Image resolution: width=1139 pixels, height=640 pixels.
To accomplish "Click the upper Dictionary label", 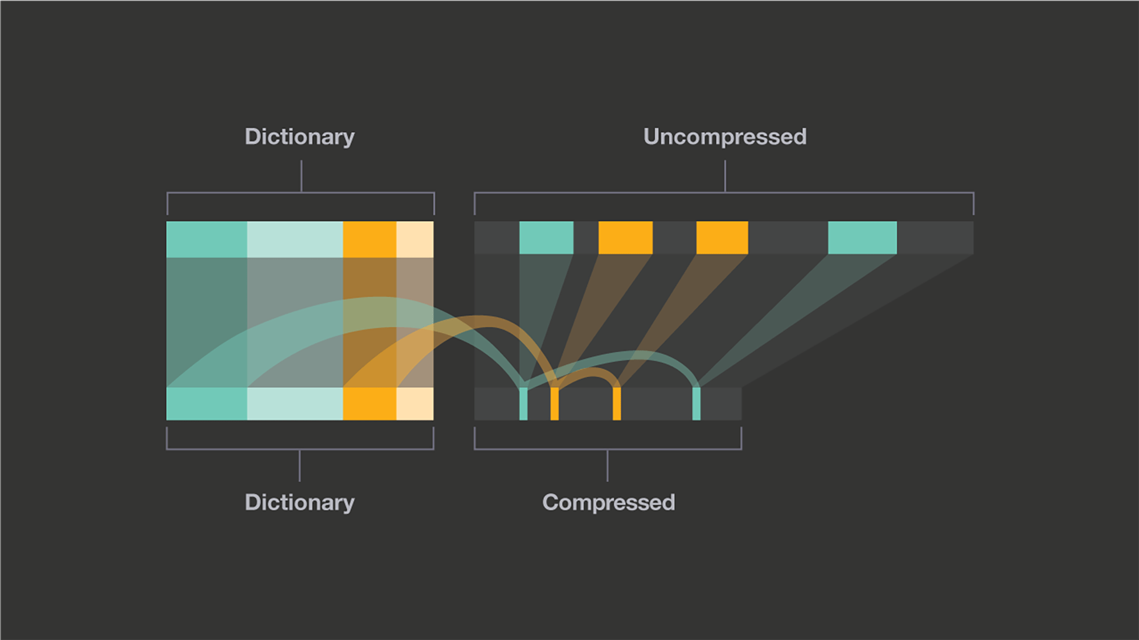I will click(300, 137).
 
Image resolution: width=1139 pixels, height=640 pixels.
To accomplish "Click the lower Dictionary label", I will click(300, 503).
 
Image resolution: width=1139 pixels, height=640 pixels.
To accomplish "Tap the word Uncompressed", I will click(724, 137).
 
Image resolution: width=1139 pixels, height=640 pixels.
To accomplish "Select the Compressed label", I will click(608, 503).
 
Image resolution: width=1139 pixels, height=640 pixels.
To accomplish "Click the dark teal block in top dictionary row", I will click(207, 239).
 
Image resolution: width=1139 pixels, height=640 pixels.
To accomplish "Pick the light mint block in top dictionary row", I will click(295, 239).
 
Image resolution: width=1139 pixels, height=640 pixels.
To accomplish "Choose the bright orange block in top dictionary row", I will click(370, 239).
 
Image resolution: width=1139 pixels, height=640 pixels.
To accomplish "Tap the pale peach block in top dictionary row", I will click(415, 239).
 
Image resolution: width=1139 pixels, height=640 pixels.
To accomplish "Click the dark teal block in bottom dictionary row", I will click(207, 404).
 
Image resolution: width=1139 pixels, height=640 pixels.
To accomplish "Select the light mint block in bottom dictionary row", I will click(295, 404).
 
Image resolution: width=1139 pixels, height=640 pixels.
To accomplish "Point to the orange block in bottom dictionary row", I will click(370, 404).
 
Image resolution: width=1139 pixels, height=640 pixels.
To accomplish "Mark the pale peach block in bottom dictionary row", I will click(415, 404).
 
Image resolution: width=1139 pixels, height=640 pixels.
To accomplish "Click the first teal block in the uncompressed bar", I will click(546, 238).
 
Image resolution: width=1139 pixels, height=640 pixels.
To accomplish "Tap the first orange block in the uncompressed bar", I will click(625, 238).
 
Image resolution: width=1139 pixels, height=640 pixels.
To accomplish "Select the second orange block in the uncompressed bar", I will click(722, 238).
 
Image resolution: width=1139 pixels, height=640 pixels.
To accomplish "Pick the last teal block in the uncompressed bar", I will click(862, 238).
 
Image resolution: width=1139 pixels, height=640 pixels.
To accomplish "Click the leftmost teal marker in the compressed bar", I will click(523, 404).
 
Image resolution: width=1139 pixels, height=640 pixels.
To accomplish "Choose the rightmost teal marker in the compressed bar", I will click(696, 404).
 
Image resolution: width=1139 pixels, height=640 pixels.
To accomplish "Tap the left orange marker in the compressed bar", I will click(555, 404).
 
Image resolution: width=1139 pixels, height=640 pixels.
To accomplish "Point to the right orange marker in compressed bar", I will click(617, 404).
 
